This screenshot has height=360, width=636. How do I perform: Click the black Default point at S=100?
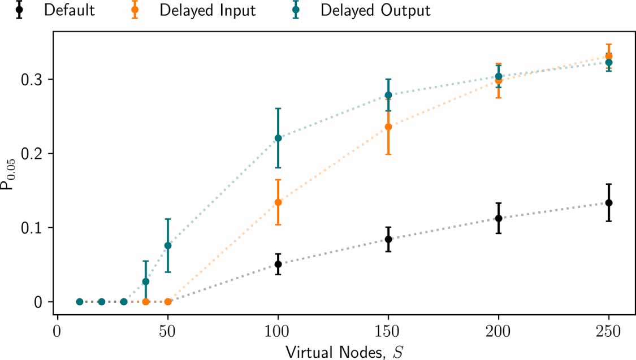pyautogui.click(x=278, y=264)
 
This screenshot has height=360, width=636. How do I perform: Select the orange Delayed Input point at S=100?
pyautogui.click(x=278, y=202)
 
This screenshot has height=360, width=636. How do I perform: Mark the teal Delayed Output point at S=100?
pyautogui.click(x=278, y=138)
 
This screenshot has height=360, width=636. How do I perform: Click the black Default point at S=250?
pyautogui.click(x=609, y=202)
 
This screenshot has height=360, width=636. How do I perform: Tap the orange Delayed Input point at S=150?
pyautogui.click(x=388, y=127)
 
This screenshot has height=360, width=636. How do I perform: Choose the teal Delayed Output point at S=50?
pyautogui.click(x=168, y=245)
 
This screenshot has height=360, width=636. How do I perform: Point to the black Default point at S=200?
pyautogui.click(x=499, y=218)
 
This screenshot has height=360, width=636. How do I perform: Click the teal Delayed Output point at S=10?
pyautogui.click(x=80, y=302)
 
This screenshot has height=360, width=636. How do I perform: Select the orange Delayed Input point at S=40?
pyautogui.click(x=146, y=302)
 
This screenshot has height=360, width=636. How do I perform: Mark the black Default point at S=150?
pyautogui.click(x=388, y=239)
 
